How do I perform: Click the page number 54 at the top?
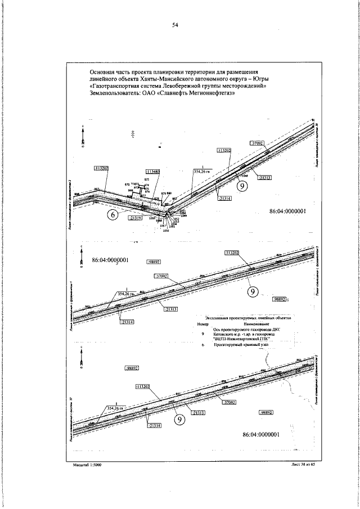(x=175, y=25)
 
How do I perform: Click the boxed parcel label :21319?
(x=135, y=217)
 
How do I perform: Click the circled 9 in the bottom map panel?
(x=180, y=419)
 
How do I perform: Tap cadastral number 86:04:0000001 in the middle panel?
(x=110, y=260)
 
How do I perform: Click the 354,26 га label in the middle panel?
(x=128, y=294)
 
